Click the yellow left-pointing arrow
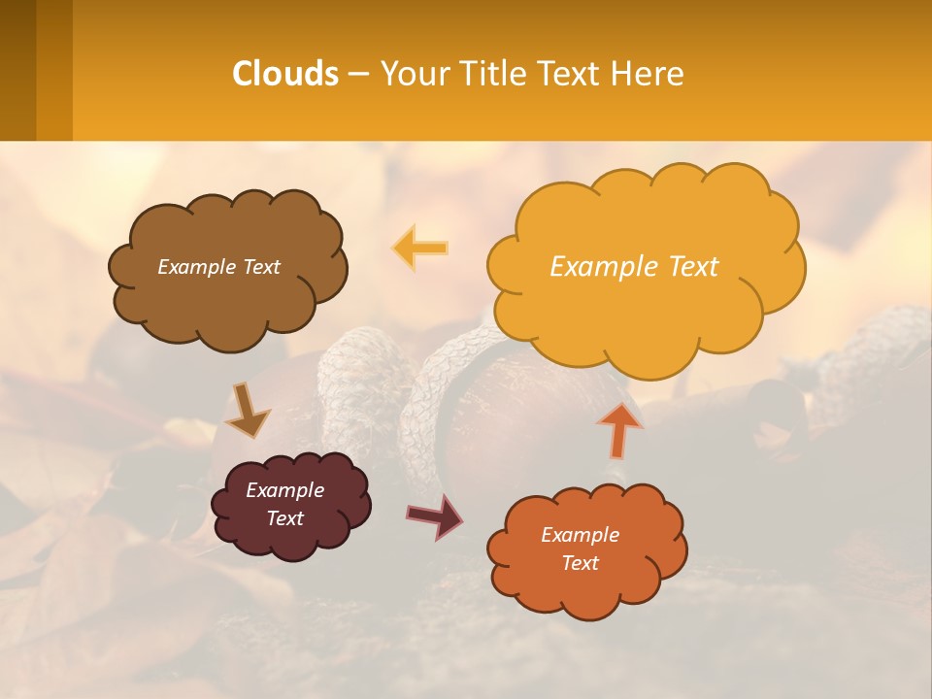(x=420, y=248)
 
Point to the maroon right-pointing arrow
(x=435, y=516)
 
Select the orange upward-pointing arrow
(x=619, y=428)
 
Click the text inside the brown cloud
(x=219, y=267)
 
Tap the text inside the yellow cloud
(x=634, y=267)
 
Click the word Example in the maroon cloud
(x=284, y=490)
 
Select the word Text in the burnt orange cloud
(x=580, y=563)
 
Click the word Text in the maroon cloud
(x=284, y=518)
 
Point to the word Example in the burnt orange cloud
(x=580, y=535)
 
